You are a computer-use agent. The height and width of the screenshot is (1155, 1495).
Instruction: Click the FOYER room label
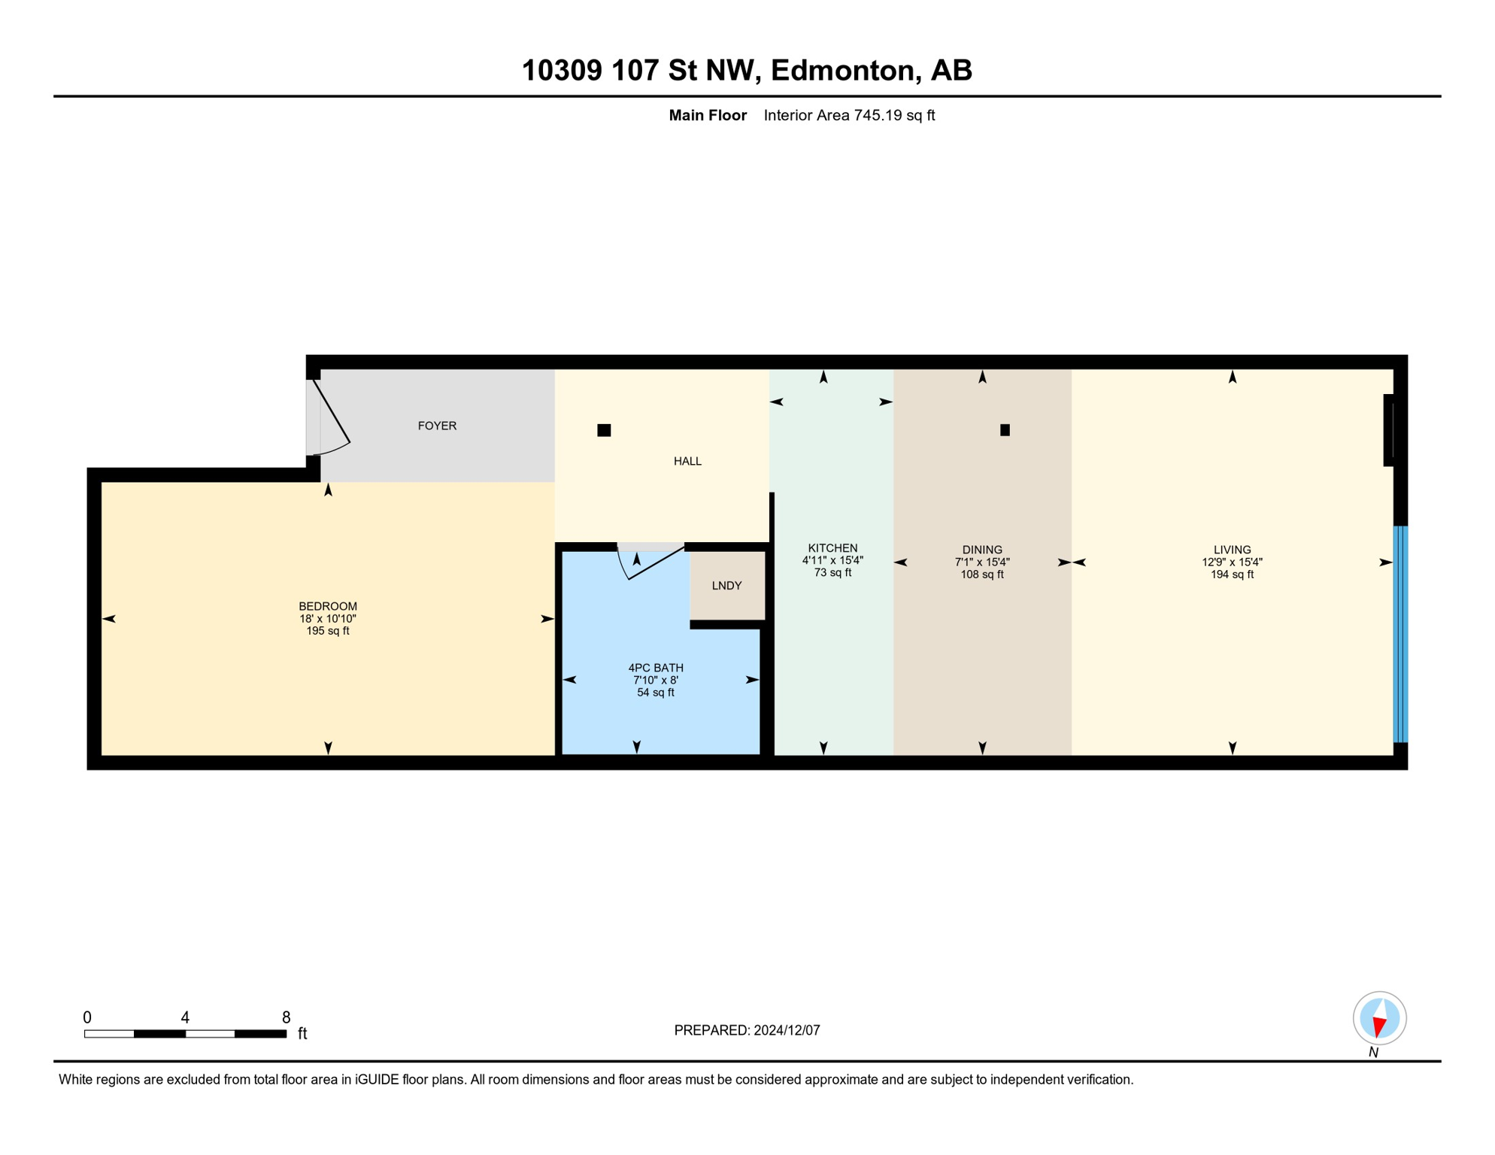437,426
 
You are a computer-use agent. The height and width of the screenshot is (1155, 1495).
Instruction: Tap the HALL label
687,461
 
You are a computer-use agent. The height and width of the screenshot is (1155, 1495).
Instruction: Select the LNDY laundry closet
726,586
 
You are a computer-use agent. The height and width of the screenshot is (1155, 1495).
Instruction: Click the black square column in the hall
604,430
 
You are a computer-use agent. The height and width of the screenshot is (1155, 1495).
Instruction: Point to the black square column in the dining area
1005,430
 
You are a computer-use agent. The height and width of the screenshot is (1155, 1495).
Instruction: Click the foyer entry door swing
331,421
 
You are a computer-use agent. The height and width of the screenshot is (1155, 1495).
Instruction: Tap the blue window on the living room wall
1400,634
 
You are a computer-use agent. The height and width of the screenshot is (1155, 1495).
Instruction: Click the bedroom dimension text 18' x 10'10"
328,619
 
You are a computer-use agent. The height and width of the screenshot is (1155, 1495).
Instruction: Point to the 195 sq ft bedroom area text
328,631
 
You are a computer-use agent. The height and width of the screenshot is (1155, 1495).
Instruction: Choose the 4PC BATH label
656,668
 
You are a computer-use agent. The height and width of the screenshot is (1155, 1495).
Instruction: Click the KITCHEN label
832,548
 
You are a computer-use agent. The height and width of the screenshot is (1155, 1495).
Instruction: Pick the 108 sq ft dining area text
982,574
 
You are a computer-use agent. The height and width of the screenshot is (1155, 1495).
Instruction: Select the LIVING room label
1232,550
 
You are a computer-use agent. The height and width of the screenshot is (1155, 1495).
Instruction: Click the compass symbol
1379,1018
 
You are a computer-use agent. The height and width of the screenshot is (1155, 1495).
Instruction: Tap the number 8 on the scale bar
286,1017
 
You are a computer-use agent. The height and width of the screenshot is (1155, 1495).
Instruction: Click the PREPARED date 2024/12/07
787,1030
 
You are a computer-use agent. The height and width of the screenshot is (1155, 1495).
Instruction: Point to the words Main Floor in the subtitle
708,115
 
